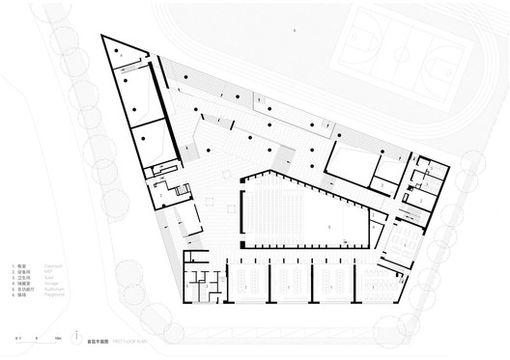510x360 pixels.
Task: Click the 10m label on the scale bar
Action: pyautogui.click(x=59, y=340)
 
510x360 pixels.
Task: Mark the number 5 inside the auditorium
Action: pyautogui.click(x=329, y=226)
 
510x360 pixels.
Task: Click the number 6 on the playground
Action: pyautogui.click(x=295, y=31)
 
